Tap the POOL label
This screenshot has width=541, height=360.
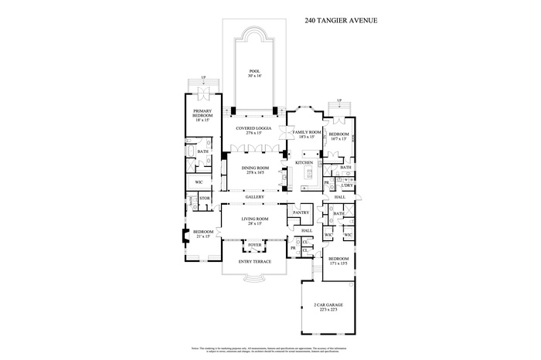[254, 71]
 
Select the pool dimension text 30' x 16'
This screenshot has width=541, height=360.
[254, 76]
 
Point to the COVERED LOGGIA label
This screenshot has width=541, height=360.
[253, 128]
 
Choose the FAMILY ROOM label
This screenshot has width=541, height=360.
[306, 132]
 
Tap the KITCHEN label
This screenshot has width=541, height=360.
[305, 163]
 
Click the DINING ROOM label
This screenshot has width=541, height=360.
[254, 168]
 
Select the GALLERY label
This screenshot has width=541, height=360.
[255, 197]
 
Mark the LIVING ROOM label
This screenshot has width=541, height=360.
[254, 219]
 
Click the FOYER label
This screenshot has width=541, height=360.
[254, 246]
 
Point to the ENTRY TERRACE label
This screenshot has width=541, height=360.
[254, 262]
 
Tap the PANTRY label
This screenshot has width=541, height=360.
[301, 212]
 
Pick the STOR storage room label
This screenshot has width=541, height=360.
[205, 199]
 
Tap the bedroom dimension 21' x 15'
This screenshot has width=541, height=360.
[203, 236]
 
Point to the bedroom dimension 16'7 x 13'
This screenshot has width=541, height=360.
[339, 139]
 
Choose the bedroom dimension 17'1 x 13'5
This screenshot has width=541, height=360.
[339, 263]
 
